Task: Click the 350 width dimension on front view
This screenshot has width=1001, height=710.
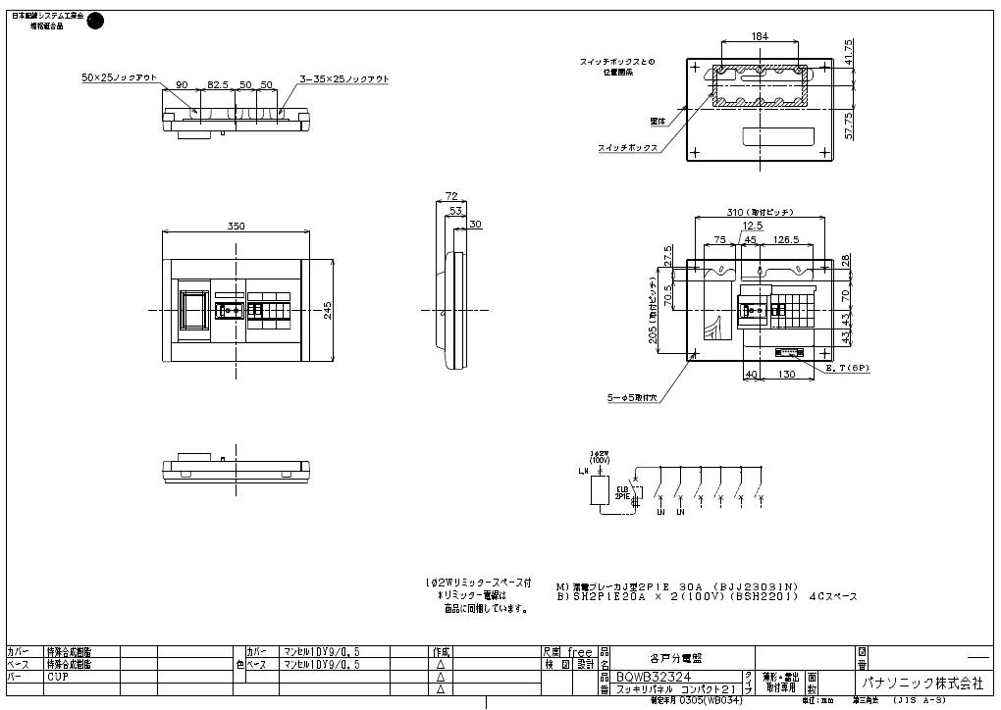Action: pos(237,227)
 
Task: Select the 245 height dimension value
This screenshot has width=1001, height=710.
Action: pos(329,310)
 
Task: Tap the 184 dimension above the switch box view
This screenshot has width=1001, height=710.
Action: pos(760,36)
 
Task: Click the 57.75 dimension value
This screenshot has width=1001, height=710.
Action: pos(848,124)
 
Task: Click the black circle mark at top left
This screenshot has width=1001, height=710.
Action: pos(95,21)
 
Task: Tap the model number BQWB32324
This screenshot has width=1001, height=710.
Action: pos(655,676)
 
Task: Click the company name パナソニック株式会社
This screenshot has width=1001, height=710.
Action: pos(922,682)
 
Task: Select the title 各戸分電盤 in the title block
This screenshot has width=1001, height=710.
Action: pos(676,658)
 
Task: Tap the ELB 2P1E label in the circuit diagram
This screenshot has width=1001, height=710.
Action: pos(622,493)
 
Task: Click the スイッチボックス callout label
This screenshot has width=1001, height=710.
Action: pos(627,147)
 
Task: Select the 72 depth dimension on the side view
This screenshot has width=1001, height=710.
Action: pos(451,196)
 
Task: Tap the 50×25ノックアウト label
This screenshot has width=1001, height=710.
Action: pos(119,76)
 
